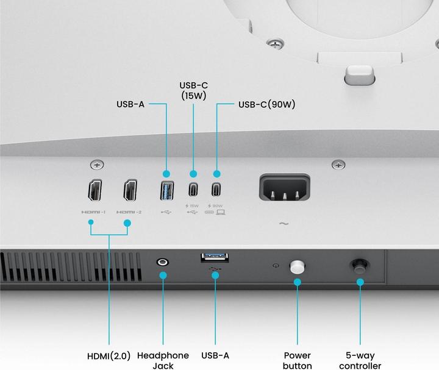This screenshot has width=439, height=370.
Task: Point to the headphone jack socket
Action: [x=163, y=262]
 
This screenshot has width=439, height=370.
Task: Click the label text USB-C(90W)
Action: [x=266, y=104]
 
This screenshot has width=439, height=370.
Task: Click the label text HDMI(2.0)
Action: [x=109, y=355]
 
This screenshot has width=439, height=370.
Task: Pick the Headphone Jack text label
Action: [x=163, y=360]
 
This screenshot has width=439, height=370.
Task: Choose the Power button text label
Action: [x=298, y=360]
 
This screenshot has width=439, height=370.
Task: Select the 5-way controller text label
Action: [x=359, y=360]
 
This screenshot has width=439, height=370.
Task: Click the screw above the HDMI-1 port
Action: [x=96, y=165]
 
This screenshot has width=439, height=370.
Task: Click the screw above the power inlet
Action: [x=338, y=165]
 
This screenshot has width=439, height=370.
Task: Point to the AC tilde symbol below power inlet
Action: [x=284, y=224]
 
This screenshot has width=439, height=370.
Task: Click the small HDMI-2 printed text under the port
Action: [x=129, y=212]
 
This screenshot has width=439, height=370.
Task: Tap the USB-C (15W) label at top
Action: [x=193, y=90]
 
